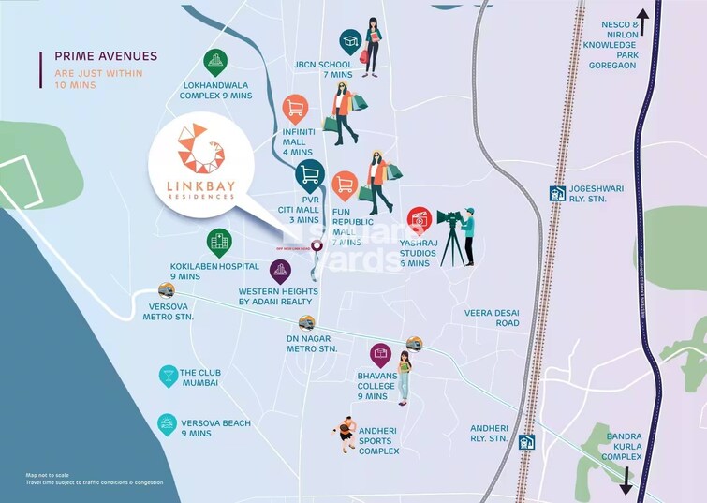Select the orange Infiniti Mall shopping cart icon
pos(296,108)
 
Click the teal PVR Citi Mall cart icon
pos(309,174)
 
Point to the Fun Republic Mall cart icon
pos(345,185)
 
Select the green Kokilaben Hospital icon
pos(219,243)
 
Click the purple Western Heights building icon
pos(280,272)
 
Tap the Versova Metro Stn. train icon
pos(167,288)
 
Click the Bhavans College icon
pos(380,354)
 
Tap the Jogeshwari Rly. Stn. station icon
pos(557,194)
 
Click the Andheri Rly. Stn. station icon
pos(528,442)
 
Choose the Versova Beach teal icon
pos(167,423)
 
